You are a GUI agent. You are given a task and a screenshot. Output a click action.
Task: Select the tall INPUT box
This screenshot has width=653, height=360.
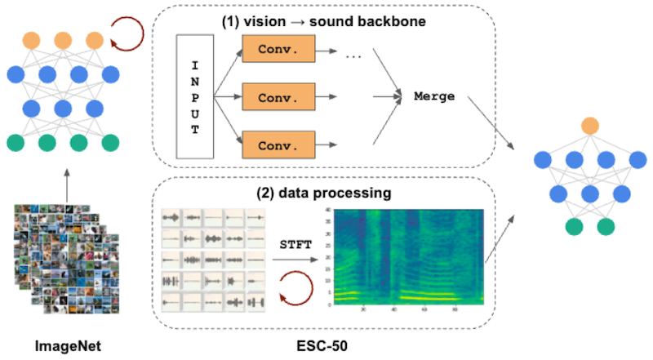tap(193, 98)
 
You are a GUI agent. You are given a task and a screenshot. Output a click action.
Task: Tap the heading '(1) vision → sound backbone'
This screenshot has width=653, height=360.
tap(326, 21)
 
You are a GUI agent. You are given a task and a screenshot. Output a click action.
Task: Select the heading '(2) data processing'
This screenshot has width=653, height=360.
tap(326, 195)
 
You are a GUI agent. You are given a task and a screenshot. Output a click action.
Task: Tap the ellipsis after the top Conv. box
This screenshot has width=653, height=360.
tap(353, 55)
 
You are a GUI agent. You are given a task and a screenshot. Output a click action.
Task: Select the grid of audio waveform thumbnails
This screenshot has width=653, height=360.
tap(215, 259)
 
